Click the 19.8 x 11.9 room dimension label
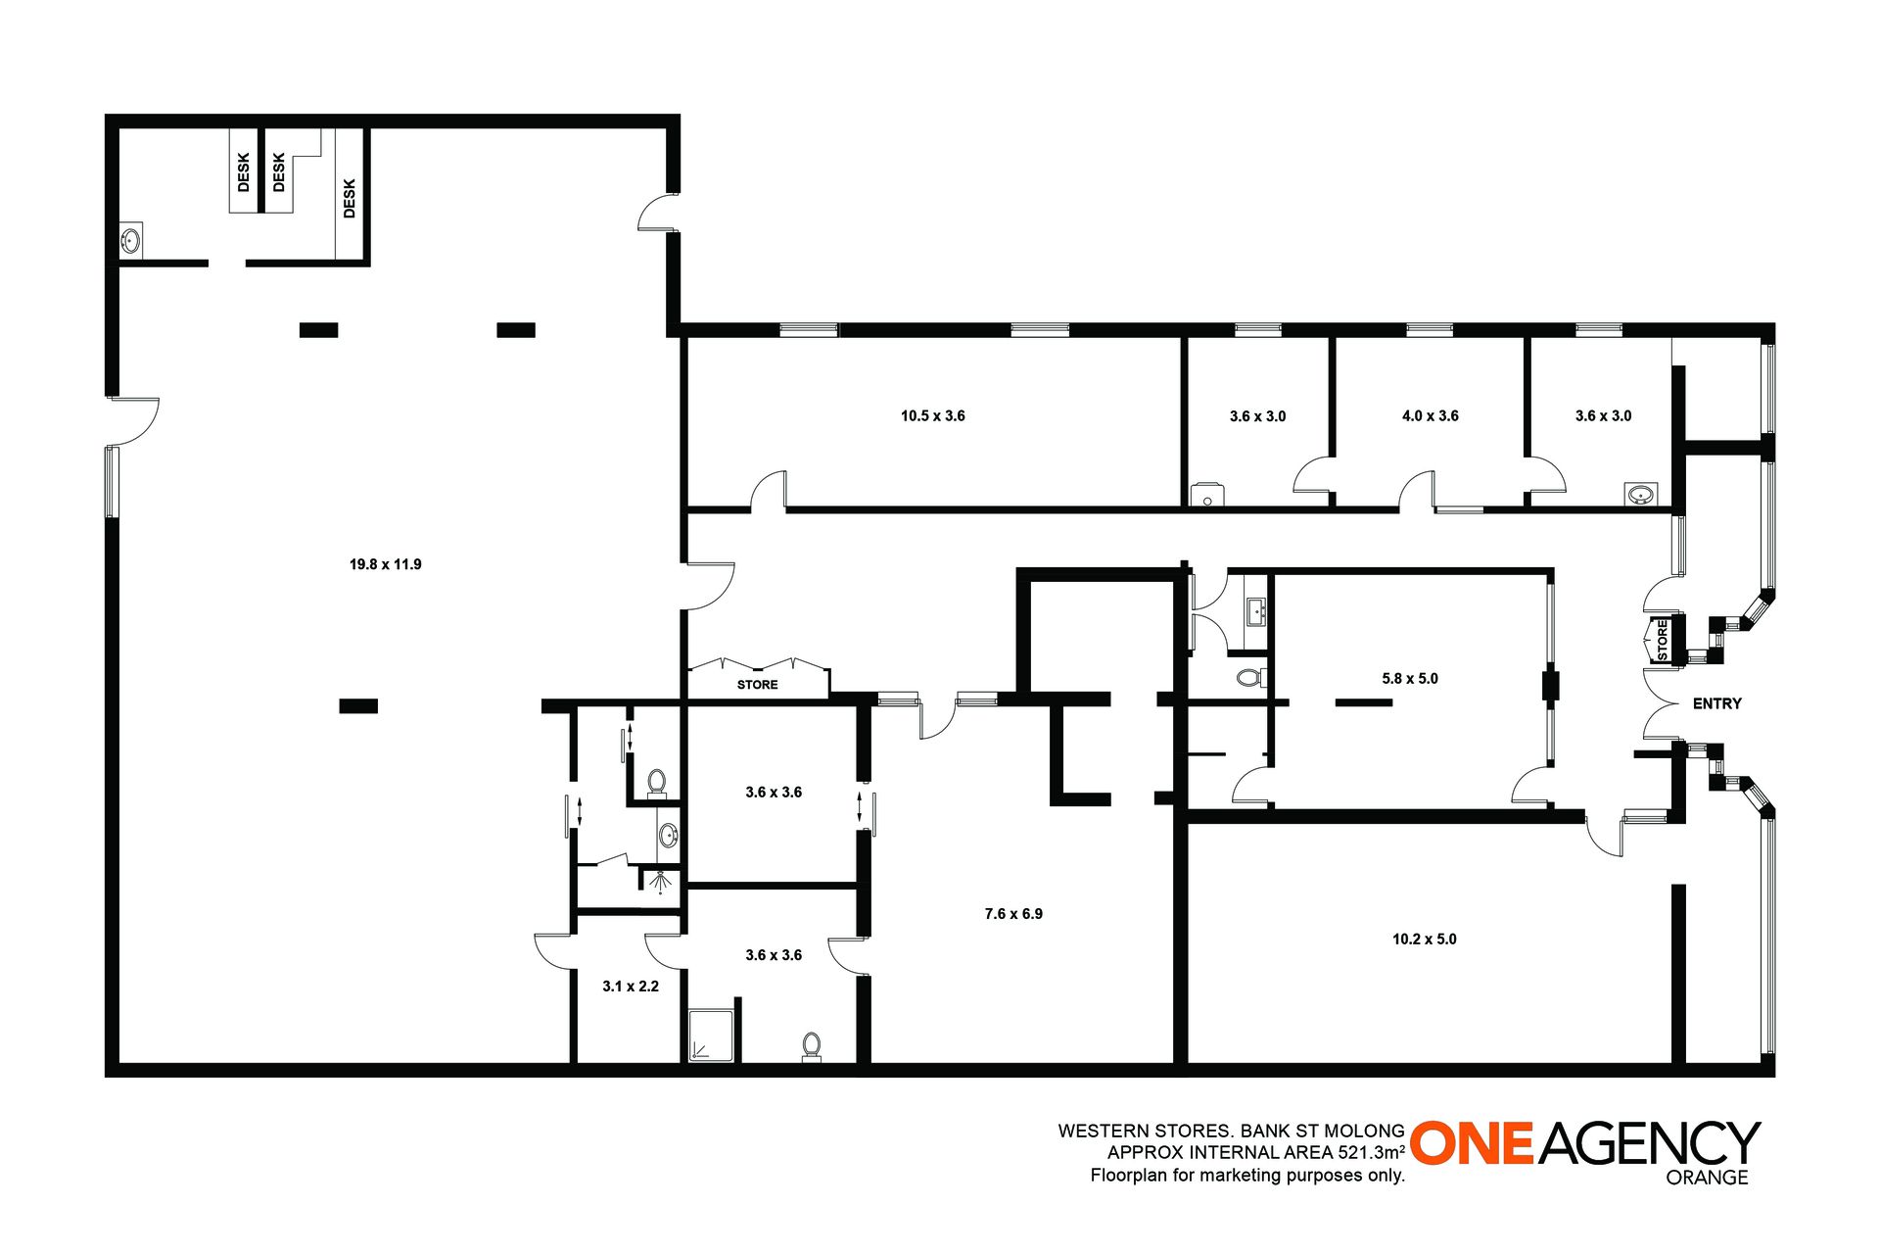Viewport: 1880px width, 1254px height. tap(386, 564)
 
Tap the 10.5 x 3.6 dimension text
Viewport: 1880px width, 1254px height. tap(933, 416)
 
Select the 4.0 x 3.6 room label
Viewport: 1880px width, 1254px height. tap(1431, 416)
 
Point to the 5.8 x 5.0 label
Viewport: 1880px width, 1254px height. tap(1410, 679)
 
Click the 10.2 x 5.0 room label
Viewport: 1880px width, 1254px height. tap(1425, 940)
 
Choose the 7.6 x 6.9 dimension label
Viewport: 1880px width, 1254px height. tap(1013, 914)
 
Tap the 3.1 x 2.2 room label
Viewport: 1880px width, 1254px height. tap(631, 987)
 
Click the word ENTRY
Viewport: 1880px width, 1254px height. tap(1717, 703)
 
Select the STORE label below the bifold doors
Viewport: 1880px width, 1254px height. tap(758, 685)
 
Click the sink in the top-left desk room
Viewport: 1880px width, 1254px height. tap(130, 240)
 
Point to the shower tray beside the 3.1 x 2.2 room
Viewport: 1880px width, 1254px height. tap(711, 1037)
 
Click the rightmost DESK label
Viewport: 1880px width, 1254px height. tap(350, 198)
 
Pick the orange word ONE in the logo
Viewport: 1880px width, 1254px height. tap(1472, 1143)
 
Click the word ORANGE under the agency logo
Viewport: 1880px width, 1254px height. tap(1707, 1178)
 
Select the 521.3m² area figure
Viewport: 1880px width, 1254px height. tap(1372, 1152)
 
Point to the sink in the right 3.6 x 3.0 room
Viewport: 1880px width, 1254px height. tap(1641, 494)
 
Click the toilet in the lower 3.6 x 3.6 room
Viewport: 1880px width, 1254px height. tap(812, 1045)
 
